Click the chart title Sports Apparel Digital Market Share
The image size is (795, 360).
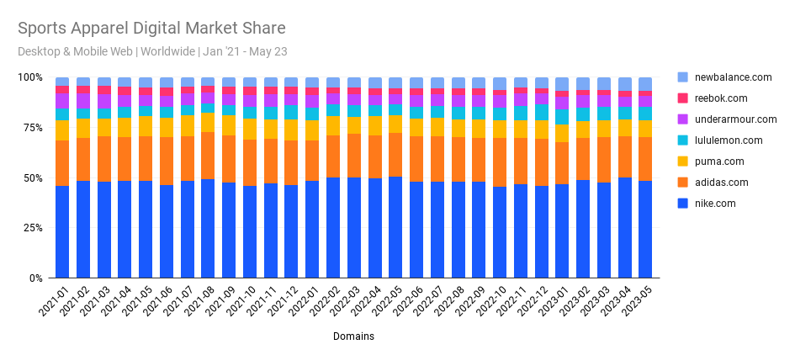(x=151, y=29)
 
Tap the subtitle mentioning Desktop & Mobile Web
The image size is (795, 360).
(x=152, y=51)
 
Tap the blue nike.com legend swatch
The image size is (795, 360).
(x=682, y=204)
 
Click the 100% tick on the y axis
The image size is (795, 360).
(x=30, y=78)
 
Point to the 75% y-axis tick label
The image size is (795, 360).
(x=32, y=128)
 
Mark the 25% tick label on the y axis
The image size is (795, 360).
(x=32, y=228)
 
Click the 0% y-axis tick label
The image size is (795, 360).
(x=35, y=278)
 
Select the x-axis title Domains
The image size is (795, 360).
(x=352, y=336)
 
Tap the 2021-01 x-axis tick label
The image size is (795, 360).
(x=56, y=301)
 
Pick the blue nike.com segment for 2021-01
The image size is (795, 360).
(x=62, y=232)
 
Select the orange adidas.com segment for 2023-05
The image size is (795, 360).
(x=645, y=159)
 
